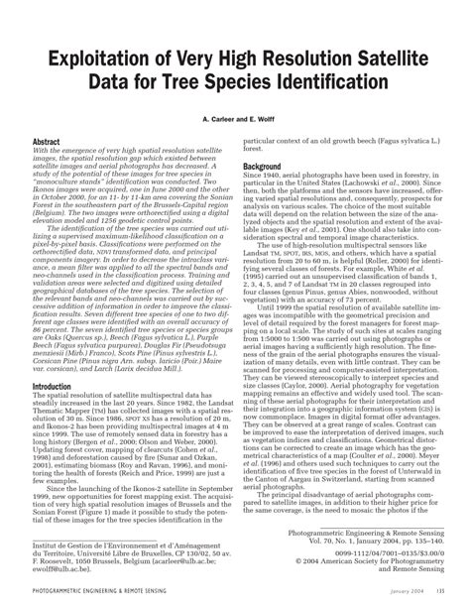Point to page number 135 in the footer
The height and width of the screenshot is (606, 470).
437,593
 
